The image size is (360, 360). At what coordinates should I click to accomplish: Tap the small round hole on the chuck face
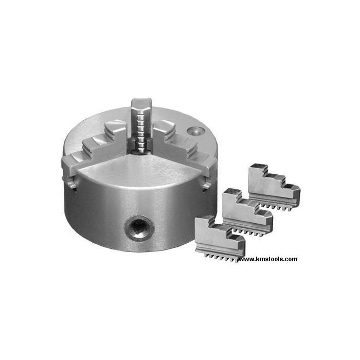[196, 131]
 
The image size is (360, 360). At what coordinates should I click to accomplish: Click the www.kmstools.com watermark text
[267, 259]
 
